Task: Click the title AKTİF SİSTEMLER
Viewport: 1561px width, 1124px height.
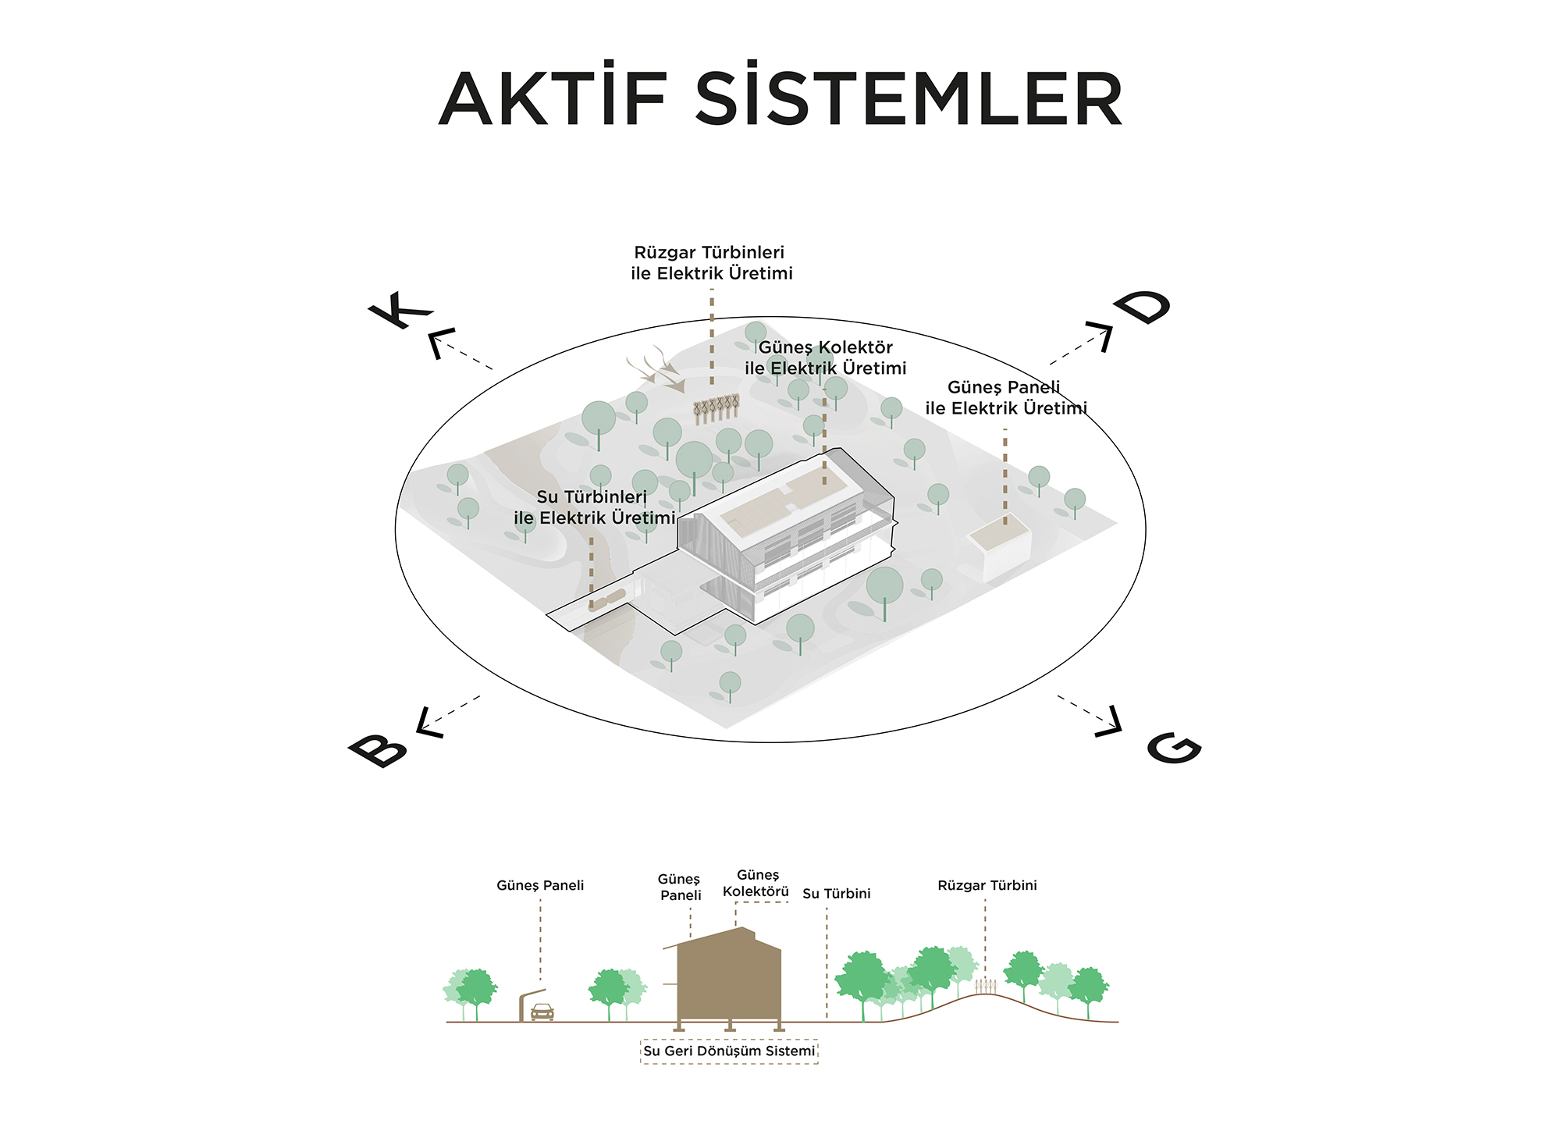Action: point(780,99)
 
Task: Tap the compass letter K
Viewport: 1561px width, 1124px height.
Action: point(400,311)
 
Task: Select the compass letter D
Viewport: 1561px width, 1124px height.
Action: point(1143,306)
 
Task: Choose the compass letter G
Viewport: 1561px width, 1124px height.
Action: point(1173,748)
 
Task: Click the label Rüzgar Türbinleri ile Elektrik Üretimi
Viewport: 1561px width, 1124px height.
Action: point(712,263)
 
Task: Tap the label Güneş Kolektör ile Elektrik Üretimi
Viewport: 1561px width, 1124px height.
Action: point(826,357)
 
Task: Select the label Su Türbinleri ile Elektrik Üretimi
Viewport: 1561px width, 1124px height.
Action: point(594,507)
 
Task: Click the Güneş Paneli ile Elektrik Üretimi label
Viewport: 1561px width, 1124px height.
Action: point(1005,397)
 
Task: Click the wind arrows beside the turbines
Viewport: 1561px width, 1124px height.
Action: point(656,368)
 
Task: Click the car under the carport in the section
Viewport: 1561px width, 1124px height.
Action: point(542,1012)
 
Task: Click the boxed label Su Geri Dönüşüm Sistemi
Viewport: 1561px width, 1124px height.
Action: point(729,1051)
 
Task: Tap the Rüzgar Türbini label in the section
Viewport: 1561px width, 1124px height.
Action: point(987,885)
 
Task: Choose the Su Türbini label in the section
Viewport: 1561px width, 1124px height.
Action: point(836,894)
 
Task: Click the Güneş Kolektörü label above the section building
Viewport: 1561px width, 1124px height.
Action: point(756,883)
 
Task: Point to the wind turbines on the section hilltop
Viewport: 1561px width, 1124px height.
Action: point(986,986)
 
